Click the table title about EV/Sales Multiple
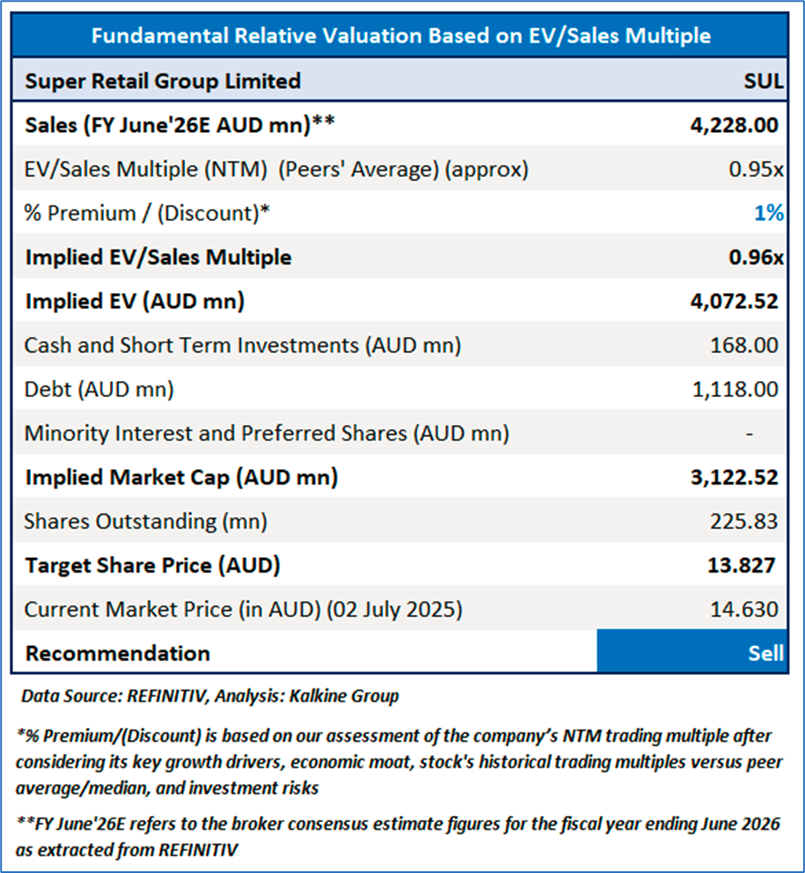(x=401, y=35)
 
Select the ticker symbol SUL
(x=763, y=82)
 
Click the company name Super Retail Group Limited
(x=163, y=82)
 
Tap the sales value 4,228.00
(x=735, y=125)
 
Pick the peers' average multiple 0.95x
(x=756, y=169)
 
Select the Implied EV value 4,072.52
(x=735, y=301)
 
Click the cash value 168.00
(x=743, y=345)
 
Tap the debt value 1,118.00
(x=735, y=389)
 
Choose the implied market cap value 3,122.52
(x=735, y=477)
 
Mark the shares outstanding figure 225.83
(x=743, y=521)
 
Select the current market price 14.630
(x=743, y=609)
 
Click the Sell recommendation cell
(x=692, y=653)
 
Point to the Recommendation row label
(x=118, y=653)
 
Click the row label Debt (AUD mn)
(x=99, y=389)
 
